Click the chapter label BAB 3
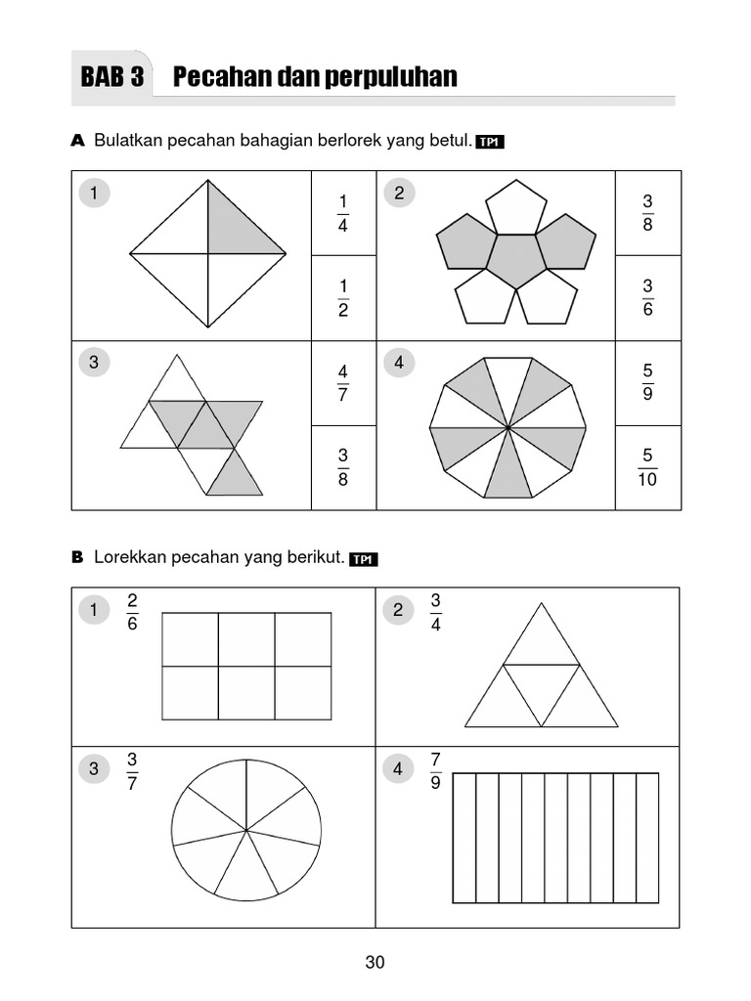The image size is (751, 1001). coord(112,77)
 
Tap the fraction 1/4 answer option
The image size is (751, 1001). coord(343,213)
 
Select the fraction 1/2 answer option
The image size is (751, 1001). coord(343,298)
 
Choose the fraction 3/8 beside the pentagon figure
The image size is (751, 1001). coord(647,212)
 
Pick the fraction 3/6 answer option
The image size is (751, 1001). coord(647,297)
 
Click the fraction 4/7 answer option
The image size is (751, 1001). coord(343,383)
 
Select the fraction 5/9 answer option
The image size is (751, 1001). coord(647,383)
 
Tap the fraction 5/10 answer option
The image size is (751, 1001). coord(647,467)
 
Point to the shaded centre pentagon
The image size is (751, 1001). coord(516,260)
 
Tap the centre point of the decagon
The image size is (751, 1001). coord(508,427)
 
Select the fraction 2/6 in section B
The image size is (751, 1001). coord(132,611)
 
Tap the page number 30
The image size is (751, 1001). coord(375,962)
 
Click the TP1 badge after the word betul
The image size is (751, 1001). coord(490,143)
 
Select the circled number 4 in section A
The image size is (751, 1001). coord(398,363)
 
